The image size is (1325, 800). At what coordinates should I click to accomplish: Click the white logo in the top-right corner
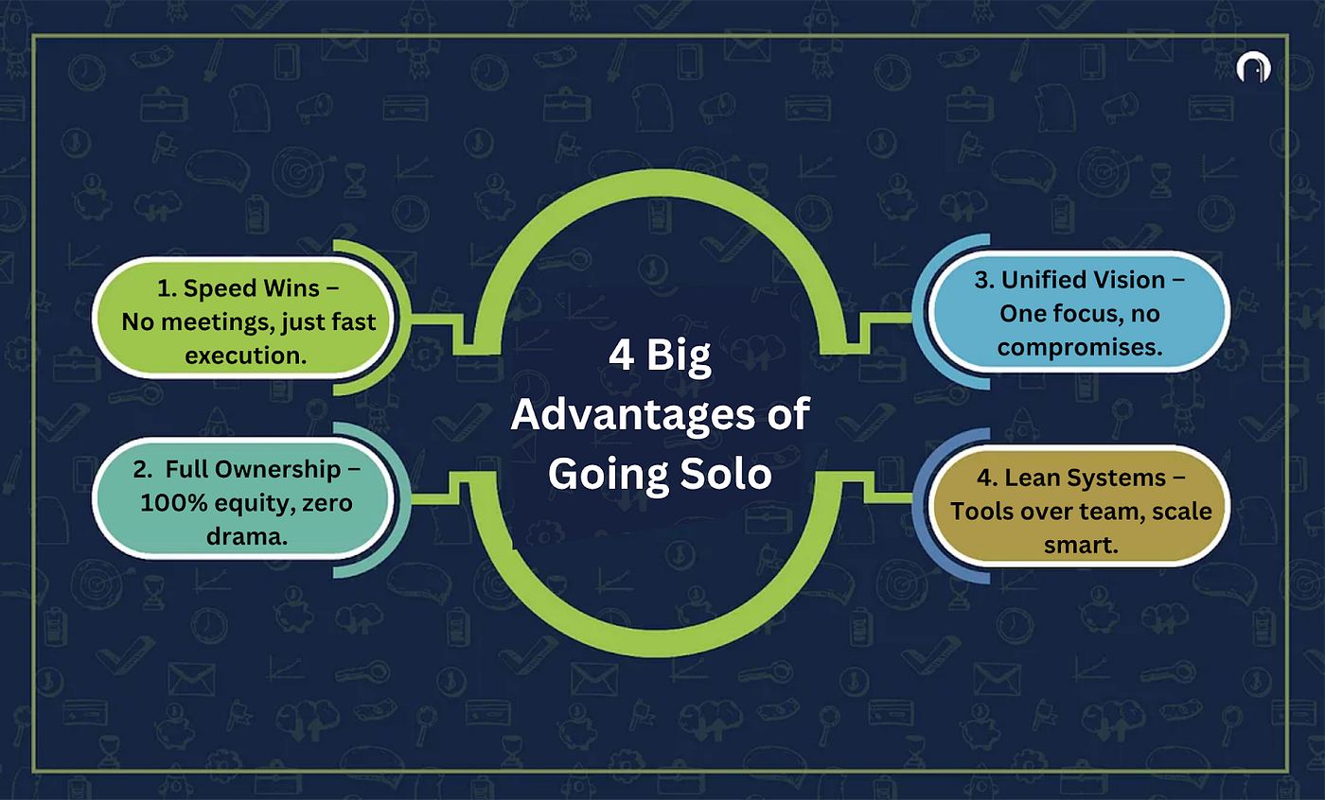[1253, 68]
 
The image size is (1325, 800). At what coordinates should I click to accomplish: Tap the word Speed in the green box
[221, 289]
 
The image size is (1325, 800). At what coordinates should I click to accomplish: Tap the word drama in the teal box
[244, 536]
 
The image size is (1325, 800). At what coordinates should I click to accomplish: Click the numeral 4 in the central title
[622, 356]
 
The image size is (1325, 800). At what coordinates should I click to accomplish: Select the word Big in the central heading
[679, 357]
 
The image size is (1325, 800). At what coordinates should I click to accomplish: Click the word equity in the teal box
[255, 504]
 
